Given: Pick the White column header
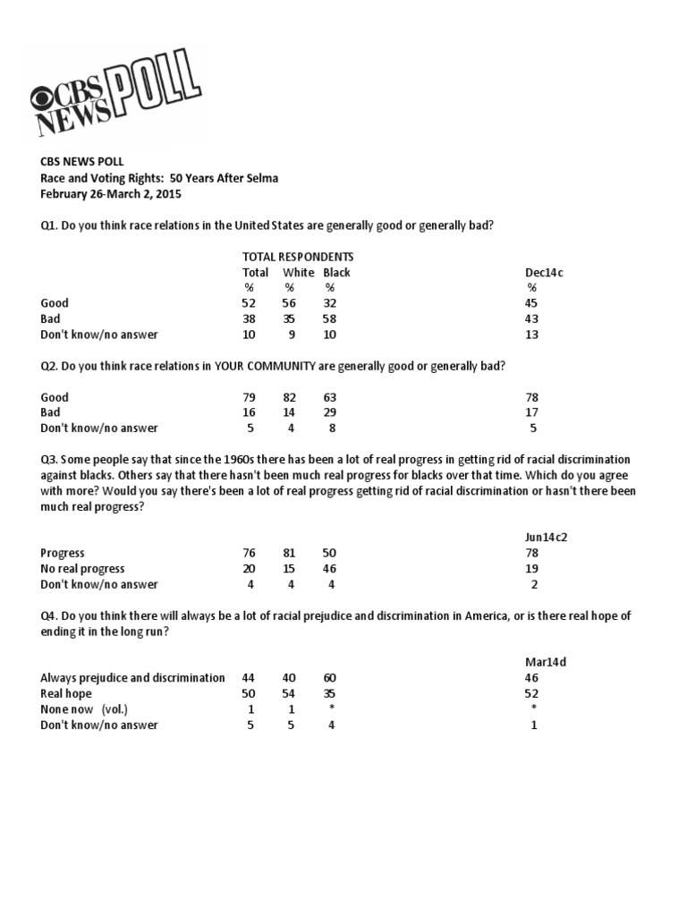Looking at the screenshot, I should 299,272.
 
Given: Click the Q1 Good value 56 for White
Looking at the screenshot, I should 290,303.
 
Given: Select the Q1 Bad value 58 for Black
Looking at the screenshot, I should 330,319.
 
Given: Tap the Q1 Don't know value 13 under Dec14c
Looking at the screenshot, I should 532,335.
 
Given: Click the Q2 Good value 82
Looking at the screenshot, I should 290,397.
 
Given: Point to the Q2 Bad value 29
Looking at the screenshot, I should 330,412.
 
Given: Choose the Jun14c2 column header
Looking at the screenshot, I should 547,537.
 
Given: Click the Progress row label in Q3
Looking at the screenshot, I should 63,553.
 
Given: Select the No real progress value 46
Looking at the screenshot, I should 330,569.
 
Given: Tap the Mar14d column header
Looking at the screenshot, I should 545,662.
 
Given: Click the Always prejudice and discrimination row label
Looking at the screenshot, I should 132,678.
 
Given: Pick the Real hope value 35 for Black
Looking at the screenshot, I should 330,693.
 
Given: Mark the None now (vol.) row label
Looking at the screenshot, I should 84,709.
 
